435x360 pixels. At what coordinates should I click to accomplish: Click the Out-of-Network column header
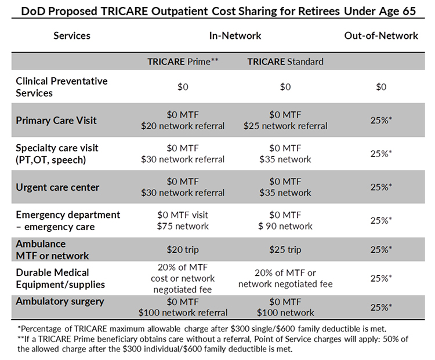click(381, 35)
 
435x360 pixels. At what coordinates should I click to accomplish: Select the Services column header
click(72, 35)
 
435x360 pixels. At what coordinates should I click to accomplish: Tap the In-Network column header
click(235, 35)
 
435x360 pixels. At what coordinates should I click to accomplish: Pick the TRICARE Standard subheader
click(285, 60)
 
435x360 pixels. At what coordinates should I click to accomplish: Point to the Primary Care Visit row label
click(57, 121)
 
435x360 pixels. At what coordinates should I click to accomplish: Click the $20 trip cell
click(182, 249)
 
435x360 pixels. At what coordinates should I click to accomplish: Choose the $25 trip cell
click(285, 249)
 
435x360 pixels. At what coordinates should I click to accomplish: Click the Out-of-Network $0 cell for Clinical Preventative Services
click(380, 87)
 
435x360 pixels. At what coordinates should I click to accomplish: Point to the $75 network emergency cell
click(182, 226)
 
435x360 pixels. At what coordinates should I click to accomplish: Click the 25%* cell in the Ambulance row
click(382, 249)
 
